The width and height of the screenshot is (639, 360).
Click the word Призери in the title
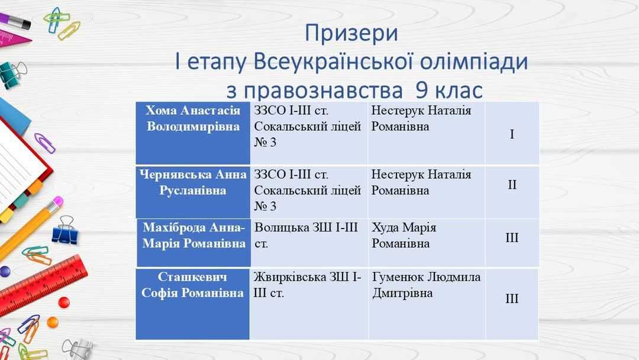(x=351, y=34)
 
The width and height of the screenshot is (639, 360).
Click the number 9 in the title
(x=422, y=90)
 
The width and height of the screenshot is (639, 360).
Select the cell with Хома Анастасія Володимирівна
(x=193, y=133)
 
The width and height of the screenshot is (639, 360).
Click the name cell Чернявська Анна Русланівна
(x=193, y=192)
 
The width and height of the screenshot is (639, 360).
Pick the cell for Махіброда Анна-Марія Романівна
(x=193, y=243)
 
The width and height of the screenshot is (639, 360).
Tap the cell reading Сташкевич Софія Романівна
(x=192, y=304)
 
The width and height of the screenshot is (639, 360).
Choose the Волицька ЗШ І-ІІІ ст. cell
(x=309, y=243)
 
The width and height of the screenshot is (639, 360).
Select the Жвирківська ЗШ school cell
(x=309, y=304)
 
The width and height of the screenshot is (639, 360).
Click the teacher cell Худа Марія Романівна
(x=427, y=243)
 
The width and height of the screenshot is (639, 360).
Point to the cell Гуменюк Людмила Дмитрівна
(x=427, y=304)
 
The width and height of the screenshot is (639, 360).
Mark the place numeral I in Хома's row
(x=512, y=134)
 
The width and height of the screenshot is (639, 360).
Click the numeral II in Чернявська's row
(x=512, y=185)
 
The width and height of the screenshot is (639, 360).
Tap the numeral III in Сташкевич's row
(x=512, y=299)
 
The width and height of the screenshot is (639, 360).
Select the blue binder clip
(x=65, y=231)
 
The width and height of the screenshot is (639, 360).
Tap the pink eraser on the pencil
(x=58, y=202)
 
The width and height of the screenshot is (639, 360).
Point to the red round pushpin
(x=64, y=302)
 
